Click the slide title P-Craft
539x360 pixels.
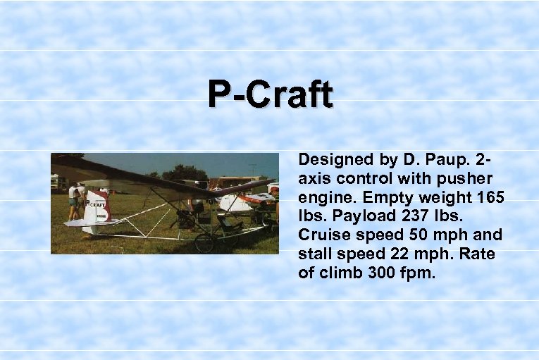coord(270,94)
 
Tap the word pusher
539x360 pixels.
coord(466,179)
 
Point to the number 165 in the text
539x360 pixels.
coord(490,198)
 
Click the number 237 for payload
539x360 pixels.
coord(419,216)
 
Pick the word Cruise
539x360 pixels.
coord(323,235)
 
